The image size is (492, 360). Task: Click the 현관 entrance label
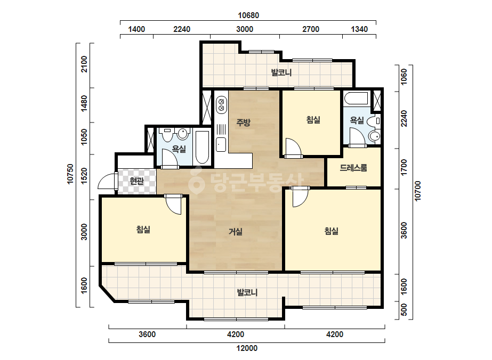coord(137,181)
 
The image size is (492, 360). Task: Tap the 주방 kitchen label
coord(243,122)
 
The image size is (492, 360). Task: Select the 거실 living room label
coord(235,232)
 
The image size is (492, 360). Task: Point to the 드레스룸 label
coord(353,168)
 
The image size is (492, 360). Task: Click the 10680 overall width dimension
coord(248,15)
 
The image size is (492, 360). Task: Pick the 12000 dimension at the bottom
coord(247,348)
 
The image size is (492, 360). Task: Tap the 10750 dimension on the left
coord(70,174)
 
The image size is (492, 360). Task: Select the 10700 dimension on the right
coord(417,191)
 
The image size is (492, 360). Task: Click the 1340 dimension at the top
coord(359,29)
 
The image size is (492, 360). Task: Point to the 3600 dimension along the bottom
coord(147,334)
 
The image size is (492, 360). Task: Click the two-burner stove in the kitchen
coord(221,105)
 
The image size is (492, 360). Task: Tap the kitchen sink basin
coord(221,144)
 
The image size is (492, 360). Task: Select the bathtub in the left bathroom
coord(202,148)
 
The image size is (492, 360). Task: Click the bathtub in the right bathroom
coord(356,99)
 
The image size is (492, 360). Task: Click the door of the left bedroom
coord(173,204)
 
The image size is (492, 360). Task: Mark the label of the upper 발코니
coord(281,73)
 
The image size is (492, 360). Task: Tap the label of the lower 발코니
coord(247,292)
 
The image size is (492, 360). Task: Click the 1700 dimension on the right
coord(404,167)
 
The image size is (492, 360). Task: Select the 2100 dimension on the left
coord(84,64)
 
